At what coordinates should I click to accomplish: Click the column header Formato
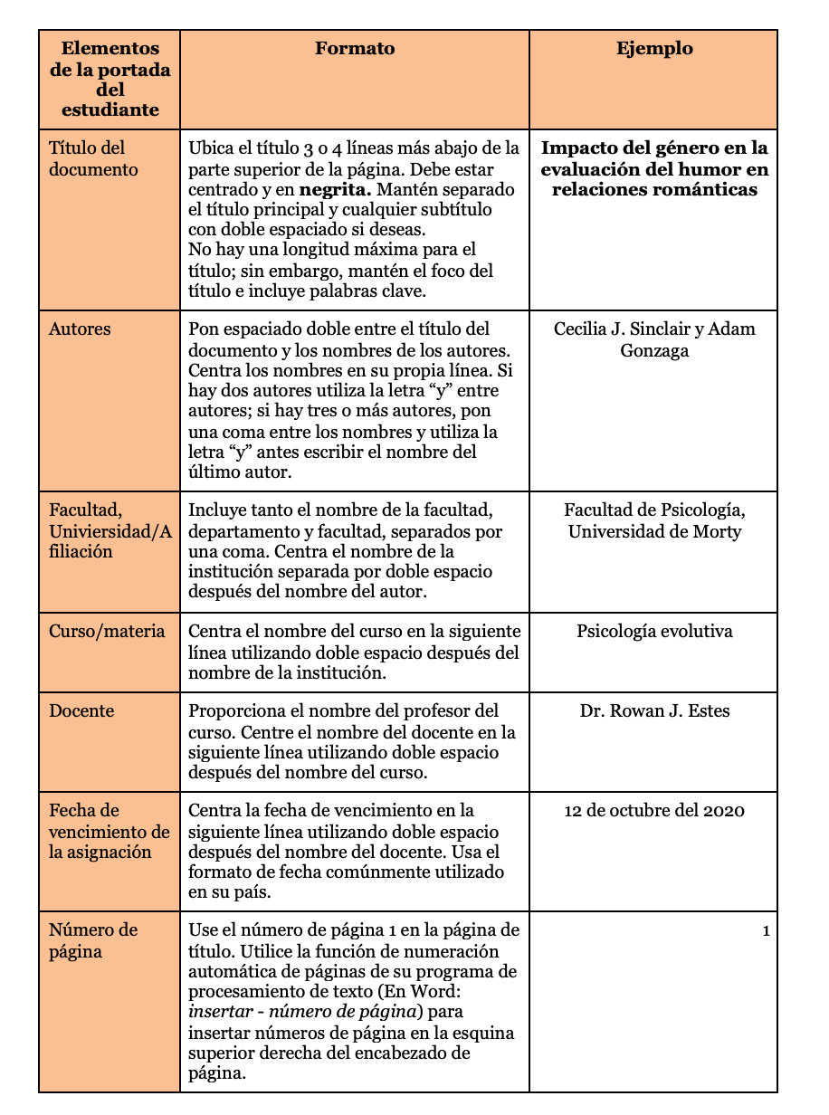pyautogui.click(x=355, y=49)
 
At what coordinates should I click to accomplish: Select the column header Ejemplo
pyautogui.click(x=654, y=49)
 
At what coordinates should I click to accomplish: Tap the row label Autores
pyautogui.click(x=80, y=329)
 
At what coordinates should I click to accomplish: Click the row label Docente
pyautogui.click(x=81, y=711)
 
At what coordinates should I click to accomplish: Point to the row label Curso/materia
pyautogui.click(x=107, y=632)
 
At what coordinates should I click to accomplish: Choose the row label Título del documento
pyautogui.click(x=87, y=158)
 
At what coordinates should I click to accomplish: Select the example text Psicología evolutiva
pyautogui.click(x=654, y=632)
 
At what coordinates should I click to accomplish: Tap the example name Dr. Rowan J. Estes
pyautogui.click(x=654, y=711)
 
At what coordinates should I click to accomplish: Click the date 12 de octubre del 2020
pyautogui.click(x=654, y=811)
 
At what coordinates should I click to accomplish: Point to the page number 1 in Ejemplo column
pyautogui.click(x=767, y=931)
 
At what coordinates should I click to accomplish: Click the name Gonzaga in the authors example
pyautogui.click(x=654, y=350)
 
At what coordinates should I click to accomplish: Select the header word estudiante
pyautogui.click(x=110, y=110)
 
